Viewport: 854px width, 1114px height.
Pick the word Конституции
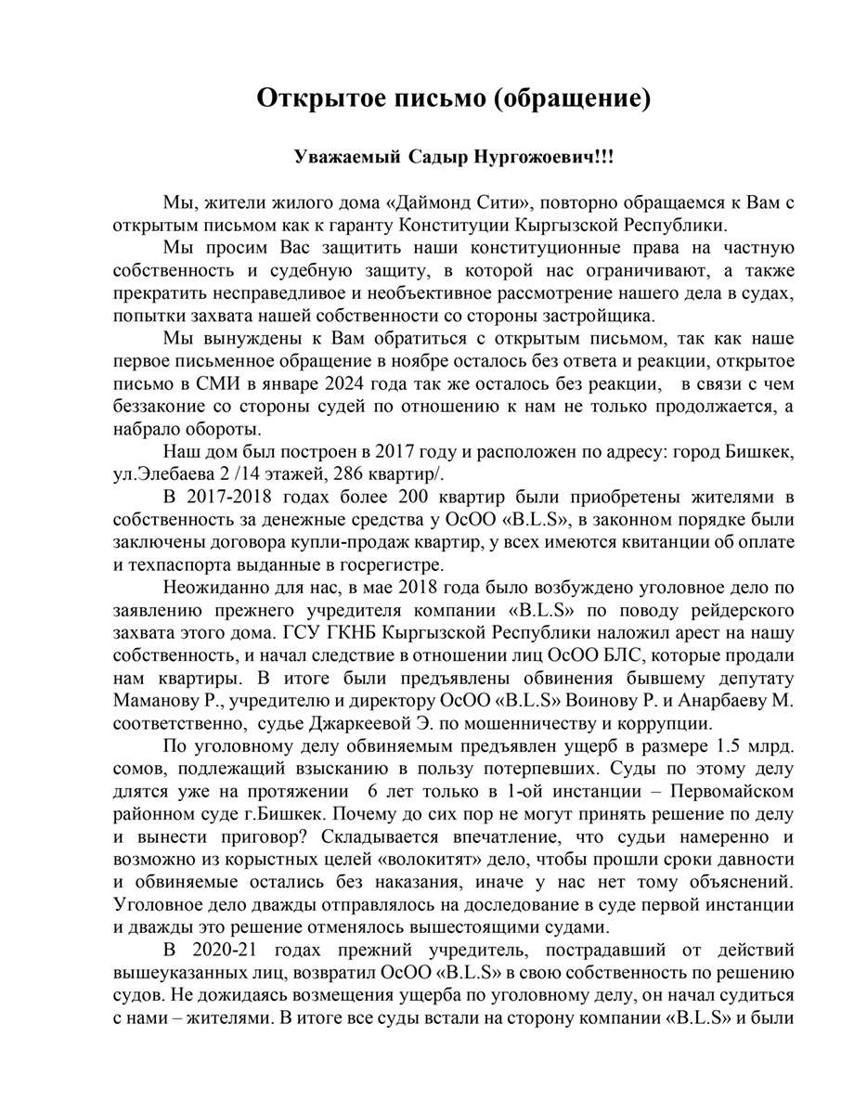coord(451,226)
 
